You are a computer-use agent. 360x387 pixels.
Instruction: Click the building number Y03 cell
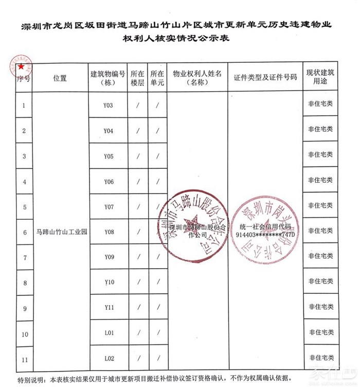coord(109,105)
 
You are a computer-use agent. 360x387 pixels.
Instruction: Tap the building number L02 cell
coord(109,358)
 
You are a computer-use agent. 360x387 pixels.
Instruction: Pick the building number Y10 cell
coord(109,282)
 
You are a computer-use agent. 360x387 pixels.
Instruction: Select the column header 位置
coord(60,78)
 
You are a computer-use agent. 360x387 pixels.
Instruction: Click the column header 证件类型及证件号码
coord(265,78)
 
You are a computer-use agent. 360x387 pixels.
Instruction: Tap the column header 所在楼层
coord(138,78)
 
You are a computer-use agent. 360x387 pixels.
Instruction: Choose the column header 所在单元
coord(157,78)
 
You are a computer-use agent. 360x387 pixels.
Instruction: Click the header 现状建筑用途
coord(320,78)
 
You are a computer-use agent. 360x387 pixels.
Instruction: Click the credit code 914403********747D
coord(265,235)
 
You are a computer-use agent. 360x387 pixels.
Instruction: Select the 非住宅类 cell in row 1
coord(320,104)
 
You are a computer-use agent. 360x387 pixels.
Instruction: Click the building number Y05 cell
coord(109,156)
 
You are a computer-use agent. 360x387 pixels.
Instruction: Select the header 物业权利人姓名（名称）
coord(197,78)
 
